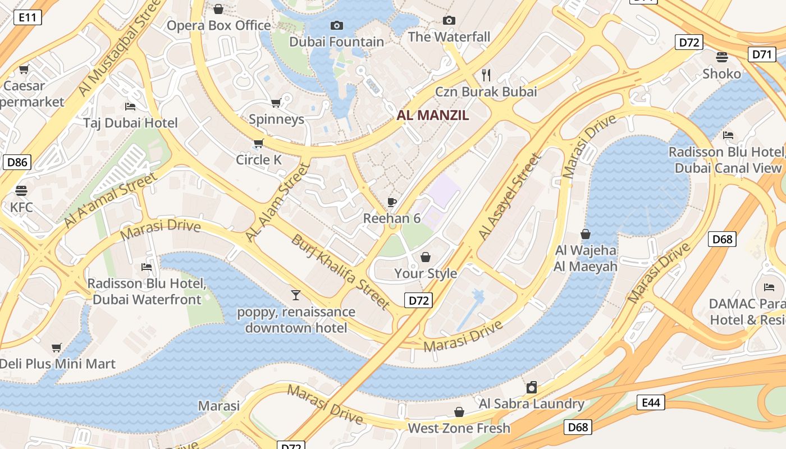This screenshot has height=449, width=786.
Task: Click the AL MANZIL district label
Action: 432,115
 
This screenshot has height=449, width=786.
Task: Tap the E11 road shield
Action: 28,17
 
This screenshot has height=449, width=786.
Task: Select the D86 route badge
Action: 17,163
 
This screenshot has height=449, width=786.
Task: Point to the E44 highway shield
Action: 651,402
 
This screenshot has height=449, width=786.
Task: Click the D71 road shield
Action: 762,54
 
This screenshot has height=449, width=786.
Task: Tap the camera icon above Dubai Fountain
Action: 337,25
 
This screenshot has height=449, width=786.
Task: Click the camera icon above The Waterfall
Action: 449,21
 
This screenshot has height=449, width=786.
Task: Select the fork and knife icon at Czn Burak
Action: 486,75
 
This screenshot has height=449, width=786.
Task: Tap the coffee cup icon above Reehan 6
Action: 392,202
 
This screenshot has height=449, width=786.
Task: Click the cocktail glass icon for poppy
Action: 296,295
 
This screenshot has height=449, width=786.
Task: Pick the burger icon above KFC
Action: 21,191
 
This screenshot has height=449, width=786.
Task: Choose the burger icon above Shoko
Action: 721,57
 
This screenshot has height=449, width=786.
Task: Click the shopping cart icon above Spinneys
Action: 276,103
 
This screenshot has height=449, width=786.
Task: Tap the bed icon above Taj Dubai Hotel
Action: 130,107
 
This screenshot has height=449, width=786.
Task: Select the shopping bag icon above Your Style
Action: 426,257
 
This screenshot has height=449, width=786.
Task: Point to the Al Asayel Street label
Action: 510,196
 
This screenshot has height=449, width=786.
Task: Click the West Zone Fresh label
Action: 459,428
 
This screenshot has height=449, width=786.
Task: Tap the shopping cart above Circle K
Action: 258,144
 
